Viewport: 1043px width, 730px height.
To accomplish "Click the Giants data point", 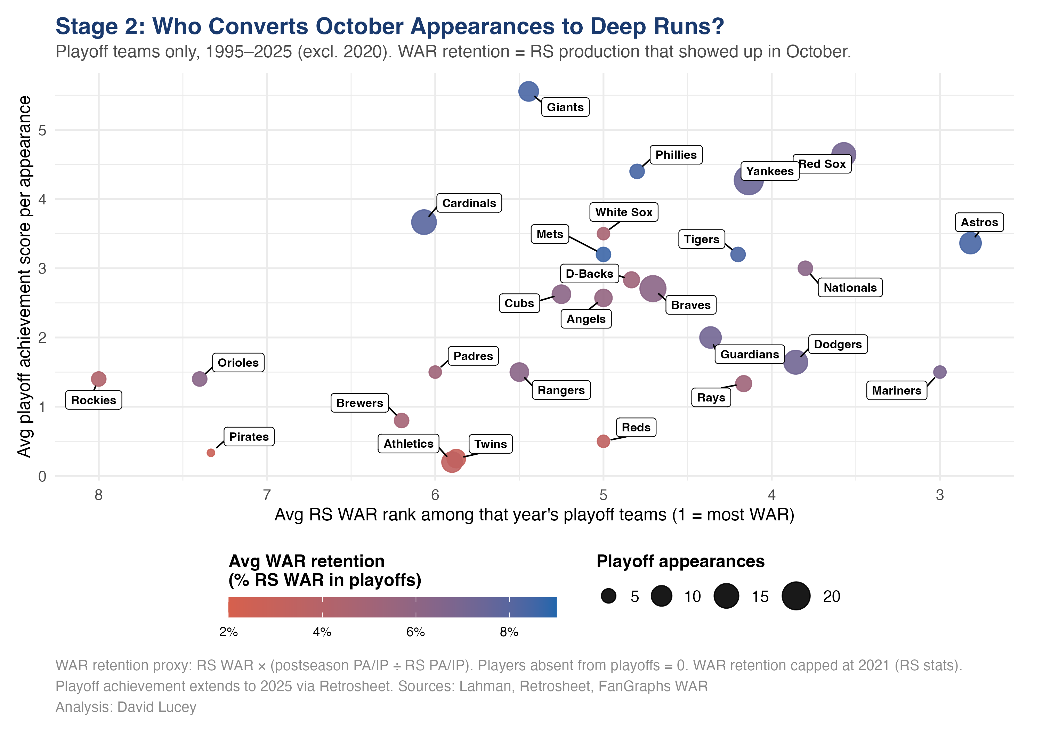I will click(528, 91).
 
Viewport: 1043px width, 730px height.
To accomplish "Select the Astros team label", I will click(979, 222).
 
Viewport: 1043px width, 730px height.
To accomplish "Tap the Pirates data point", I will click(211, 453).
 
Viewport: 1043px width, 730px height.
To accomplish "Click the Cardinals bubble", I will click(424, 222).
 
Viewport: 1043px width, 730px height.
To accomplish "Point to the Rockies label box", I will click(94, 400).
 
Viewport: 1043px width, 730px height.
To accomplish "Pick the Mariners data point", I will click(939, 372).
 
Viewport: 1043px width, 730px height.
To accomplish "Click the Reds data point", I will click(603, 441).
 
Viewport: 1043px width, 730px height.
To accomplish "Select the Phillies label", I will click(676, 155).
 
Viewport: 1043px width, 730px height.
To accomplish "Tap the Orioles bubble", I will click(200, 379).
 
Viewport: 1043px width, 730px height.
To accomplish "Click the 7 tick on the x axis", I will click(267, 495).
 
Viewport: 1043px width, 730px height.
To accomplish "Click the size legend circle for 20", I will click(795, 596).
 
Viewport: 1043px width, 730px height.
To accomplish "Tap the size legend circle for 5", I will click(608, 596).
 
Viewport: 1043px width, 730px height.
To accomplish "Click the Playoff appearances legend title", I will click(680, 561).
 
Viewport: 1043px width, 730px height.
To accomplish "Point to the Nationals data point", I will click(805, 268).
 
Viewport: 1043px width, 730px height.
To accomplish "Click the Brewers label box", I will click(359, 403).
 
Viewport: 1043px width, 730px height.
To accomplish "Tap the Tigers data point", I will click(738, 254).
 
